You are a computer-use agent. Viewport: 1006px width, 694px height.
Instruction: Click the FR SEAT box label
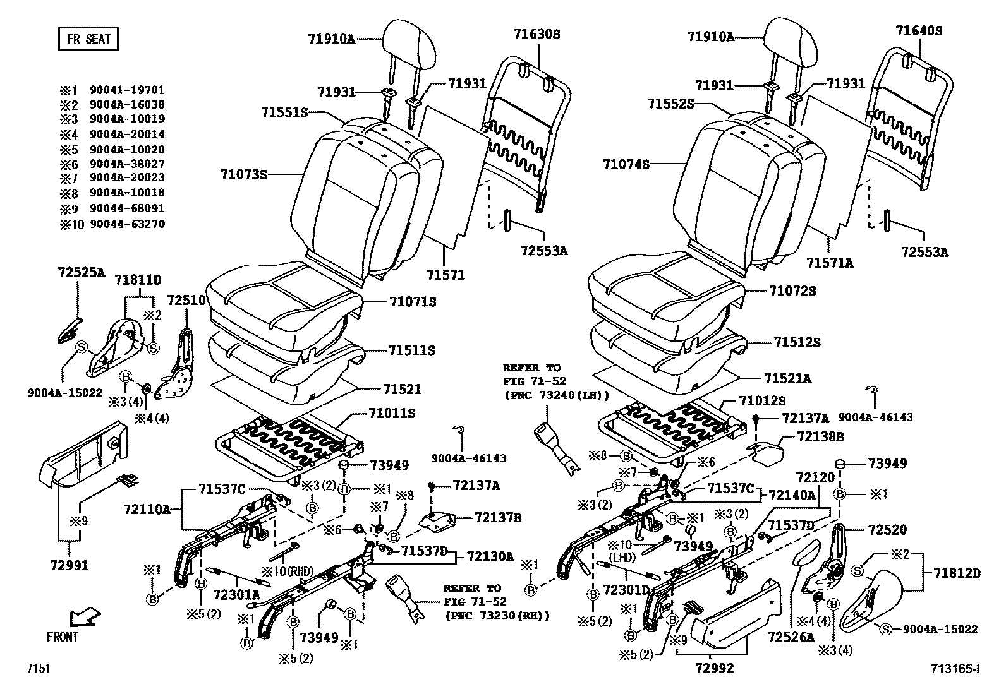click(x=88, y=39)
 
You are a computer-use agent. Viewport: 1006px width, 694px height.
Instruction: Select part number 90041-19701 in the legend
click(x=127, y=90)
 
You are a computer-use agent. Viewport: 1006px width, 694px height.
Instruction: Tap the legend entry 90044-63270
click(x=127, y=224)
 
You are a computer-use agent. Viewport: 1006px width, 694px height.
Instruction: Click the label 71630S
click(x=536, y=35)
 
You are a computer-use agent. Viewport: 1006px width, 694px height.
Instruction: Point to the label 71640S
click(x=918, y=30)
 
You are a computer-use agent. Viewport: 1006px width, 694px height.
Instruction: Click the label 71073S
click(x=244, y=174)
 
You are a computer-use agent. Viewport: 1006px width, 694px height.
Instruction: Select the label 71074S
click(x=626, y=164)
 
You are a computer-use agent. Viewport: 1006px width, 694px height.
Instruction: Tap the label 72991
click(x=70, y=566)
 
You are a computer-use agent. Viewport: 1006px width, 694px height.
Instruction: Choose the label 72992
click(x=714, y=667)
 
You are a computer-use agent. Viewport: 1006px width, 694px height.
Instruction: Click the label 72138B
click(x=820, y=436)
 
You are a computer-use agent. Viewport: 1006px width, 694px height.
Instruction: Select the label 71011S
click(x=392, y=414)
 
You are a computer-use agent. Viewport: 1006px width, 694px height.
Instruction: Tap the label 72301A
click(x=236, y=594)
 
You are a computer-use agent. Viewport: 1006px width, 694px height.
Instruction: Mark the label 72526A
click(x=791, y=637)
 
